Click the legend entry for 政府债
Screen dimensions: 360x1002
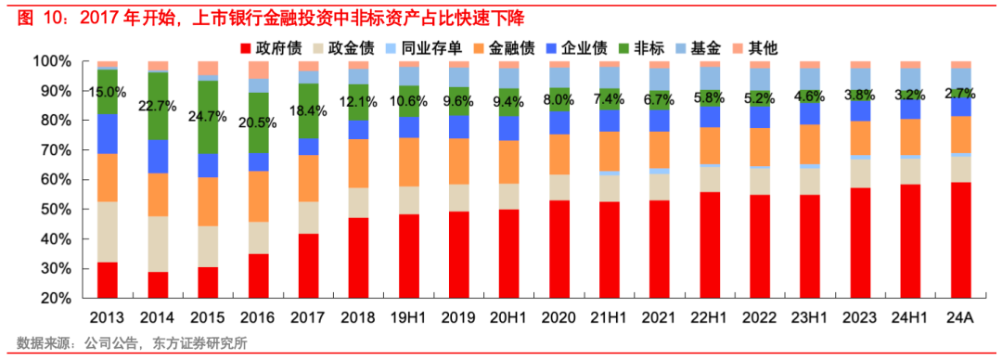[275, 47]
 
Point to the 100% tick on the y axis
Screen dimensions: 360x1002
[51, 61]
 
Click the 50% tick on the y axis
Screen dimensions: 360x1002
[55, 210]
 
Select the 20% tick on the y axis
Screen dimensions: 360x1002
[55, 299]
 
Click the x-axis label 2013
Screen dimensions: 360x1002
[107, 317]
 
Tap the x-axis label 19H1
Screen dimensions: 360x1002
[408, 317]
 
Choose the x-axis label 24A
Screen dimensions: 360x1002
[960, 317]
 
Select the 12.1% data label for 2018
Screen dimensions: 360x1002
[358, 100]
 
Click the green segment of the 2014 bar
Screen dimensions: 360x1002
[158, 107]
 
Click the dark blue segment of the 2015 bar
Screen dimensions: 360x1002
[208, 165]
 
